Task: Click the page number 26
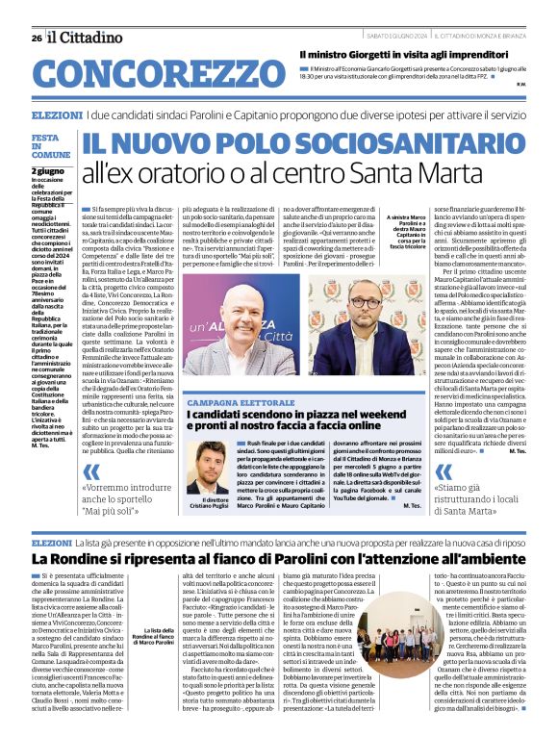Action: tap(36, 38)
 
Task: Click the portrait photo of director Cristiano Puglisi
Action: tap(207, 470)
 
